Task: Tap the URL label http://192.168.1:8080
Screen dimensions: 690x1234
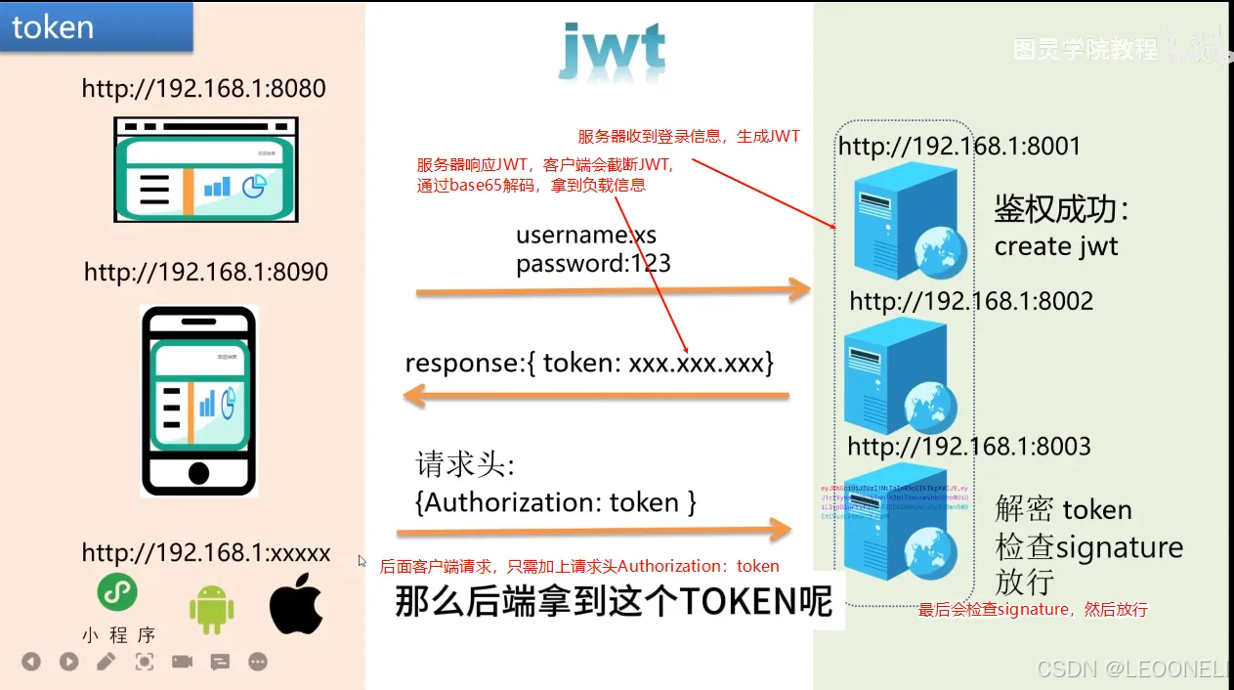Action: click(203, 89)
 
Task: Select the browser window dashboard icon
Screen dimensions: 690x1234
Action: click(206, 169)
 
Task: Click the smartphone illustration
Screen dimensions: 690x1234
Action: click(198, 401)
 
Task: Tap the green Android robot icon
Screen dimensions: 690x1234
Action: click(212, 609)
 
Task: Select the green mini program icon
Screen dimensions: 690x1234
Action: click(117, 592)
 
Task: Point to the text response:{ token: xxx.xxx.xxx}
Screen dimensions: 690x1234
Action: click(589, 364)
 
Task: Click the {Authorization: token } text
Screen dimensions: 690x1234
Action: click(556, 502)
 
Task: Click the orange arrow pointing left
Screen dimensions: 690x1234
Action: click(596, 396)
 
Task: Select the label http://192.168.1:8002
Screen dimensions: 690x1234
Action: click(971, 301)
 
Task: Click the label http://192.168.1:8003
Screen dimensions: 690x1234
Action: click(968, 447)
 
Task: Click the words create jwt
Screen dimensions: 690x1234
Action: click(1055, 246)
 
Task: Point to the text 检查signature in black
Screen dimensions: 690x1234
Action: click(1088, 546)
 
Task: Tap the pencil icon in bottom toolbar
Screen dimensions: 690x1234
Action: click(106, 662)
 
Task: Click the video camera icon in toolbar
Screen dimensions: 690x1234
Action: click(182, 662)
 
